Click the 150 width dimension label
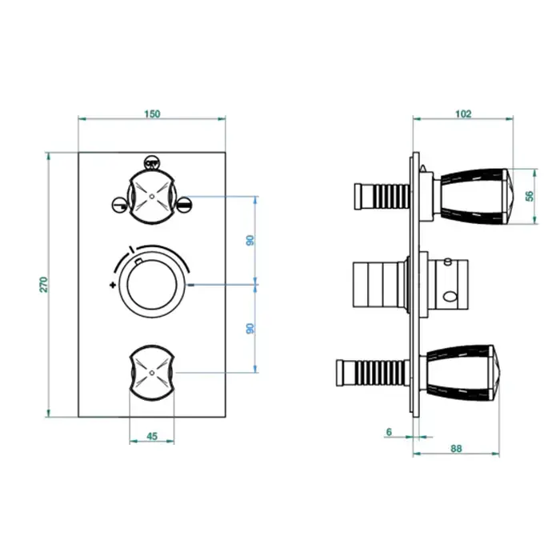pos(152,114)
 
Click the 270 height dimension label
pos(43,285)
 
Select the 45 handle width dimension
pos(152,436)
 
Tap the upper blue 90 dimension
pos(250,240)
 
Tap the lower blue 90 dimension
pos(250,329)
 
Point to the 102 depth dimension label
pos(463,114)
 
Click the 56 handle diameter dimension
pos(530,196)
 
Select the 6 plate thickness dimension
pos(389,432)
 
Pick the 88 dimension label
pos(457,449)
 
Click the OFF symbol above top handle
pos(151,163)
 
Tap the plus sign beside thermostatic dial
pos(113,285)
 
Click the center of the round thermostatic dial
pos(152,285)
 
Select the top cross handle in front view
pos(152,197)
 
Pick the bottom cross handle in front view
pos(152,373)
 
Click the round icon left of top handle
pos(118,205)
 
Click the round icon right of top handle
pos(185,205)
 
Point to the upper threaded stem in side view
pos(382,196)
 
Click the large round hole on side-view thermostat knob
pos(449,297)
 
